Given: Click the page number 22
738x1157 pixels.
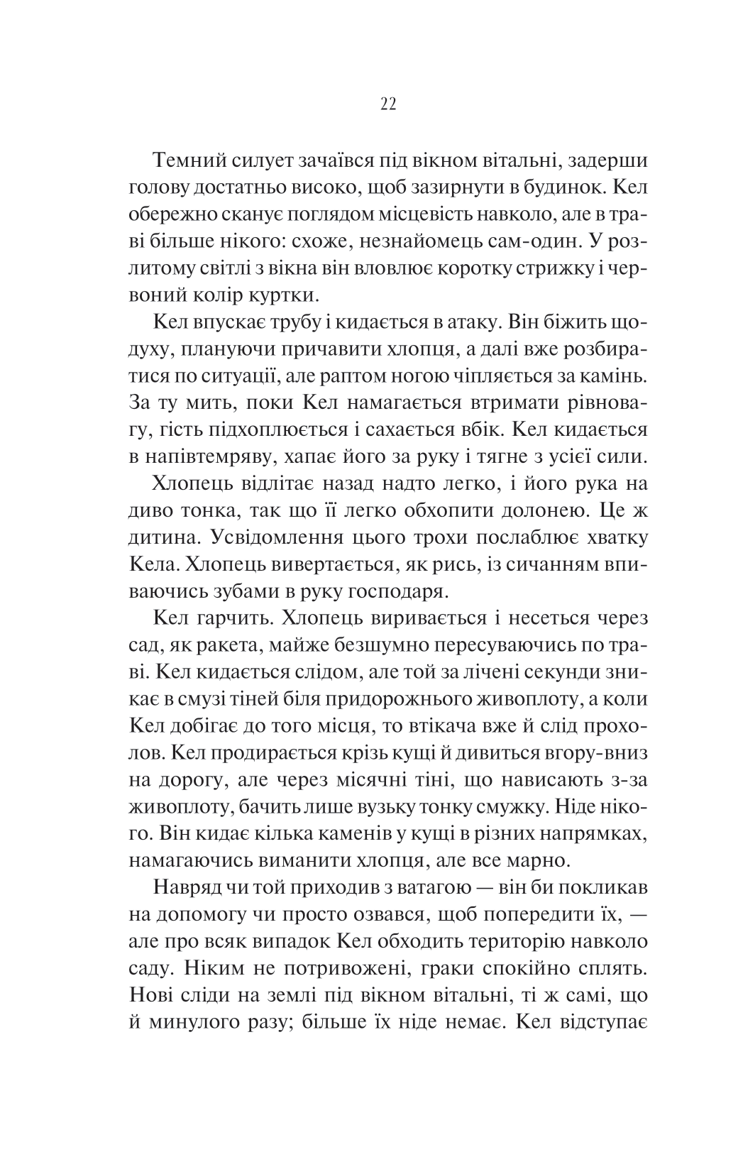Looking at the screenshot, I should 387,104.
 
